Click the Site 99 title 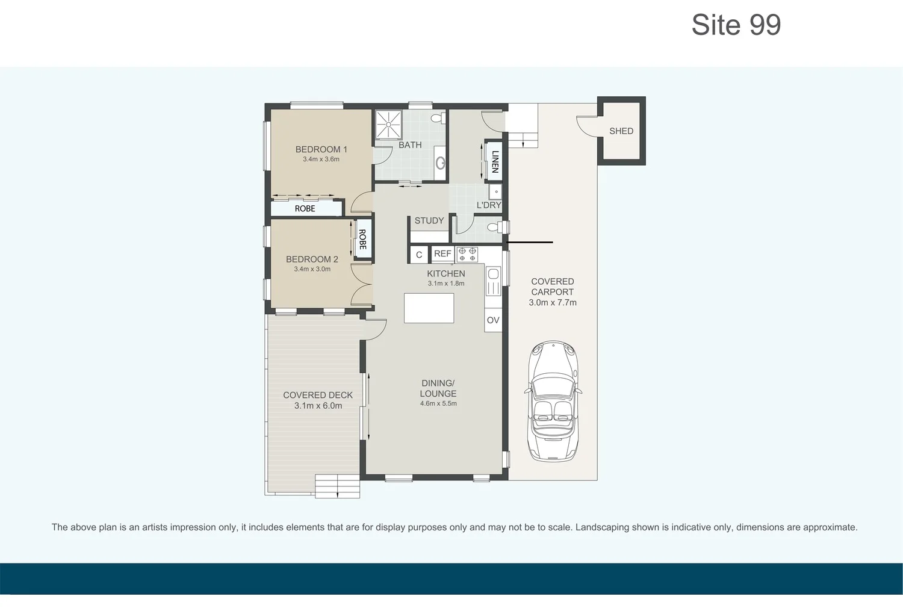click(736, 25)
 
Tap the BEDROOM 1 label click(321, 149)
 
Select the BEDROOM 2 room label click(312, 259)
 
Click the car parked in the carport click(553, 400)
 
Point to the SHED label click(621, 131)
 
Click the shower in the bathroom click(388, 124)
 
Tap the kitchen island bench click(429, 308)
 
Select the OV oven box click(493, 320)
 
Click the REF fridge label click(442, 254)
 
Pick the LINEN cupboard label click(495, 161)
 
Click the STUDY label click(429, 221)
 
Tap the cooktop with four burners click(467, 254)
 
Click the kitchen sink click(493, 281)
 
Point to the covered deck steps click(337, 486)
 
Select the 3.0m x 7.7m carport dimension click(552, 303)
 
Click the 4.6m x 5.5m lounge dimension click(438, 403)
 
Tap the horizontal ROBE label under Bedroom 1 click(305, 209)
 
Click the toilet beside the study click(495, 228)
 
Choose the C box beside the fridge click(419, 255)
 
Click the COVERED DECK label click(318, 396)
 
